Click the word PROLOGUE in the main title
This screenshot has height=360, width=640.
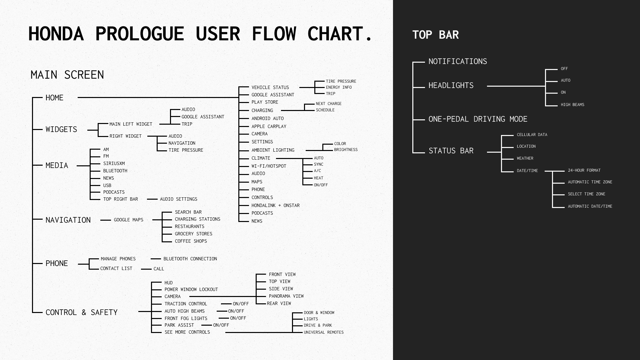[139, 34]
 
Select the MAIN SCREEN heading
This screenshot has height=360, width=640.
[67, 75]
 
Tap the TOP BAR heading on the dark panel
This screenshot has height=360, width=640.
[435, 35]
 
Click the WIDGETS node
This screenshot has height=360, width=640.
[61, 129]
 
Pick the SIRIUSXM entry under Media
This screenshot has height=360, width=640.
[114, 163]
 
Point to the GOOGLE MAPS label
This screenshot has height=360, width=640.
[128, 220]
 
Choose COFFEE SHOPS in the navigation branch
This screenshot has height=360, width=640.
[191, 241]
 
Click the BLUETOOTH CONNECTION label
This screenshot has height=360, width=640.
[190, 259]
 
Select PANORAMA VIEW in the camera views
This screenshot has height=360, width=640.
[286, 296]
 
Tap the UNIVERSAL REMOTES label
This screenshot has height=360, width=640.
[323, 332]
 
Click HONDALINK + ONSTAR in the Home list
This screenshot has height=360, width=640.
[275, 205]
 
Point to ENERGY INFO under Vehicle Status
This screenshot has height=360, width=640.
[339, 87]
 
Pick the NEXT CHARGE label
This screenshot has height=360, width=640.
[328, 104]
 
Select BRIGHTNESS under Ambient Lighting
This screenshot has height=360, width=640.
[346, 150]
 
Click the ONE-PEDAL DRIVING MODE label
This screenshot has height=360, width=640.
[478, 119]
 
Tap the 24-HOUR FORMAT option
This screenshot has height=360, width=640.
[584, 170]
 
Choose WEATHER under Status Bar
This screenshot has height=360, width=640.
[525, 158]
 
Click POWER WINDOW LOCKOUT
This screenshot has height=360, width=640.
[191, 289]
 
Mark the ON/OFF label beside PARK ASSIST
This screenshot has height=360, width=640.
[221, 325]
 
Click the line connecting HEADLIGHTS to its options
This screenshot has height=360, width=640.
[516, 86]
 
